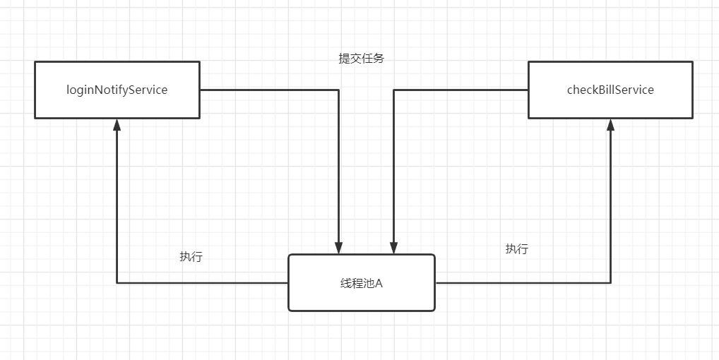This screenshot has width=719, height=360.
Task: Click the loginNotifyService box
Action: (x=117, y=90)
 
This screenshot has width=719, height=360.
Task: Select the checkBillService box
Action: (x=610, y=90)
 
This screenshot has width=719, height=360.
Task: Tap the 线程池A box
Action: (x=361, y=282)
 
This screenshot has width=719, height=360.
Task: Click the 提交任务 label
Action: (x=361, y=59)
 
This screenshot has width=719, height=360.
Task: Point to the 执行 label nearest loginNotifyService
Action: (x=191, y=256)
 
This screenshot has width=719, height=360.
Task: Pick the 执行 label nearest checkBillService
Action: (x=516, y=248)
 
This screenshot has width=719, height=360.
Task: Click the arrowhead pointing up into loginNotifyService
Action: (x=117, y=124)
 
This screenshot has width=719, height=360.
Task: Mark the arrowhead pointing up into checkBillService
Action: (x=610, y=124)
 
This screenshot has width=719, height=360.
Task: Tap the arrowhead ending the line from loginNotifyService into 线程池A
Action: (x=339, y=248)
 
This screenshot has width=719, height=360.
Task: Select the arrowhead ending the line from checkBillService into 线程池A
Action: (x=393, y=248)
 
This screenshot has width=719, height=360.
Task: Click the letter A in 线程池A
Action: (x=379, y=283)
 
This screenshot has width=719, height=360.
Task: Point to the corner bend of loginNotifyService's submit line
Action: (x=339, y=90)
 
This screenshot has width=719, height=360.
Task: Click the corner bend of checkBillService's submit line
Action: (x=393, y=90)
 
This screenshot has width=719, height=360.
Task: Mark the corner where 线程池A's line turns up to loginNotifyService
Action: (x=117, y=283)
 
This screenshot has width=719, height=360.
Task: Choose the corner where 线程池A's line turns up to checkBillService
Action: (x=610, y=283)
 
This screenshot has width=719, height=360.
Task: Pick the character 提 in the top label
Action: (x=344, y=59)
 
